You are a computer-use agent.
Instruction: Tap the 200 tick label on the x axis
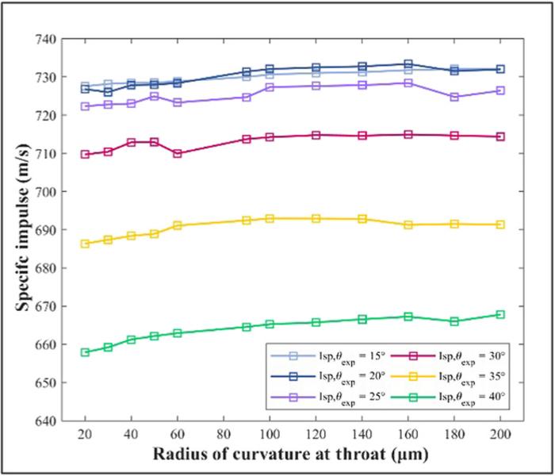pos(500,434)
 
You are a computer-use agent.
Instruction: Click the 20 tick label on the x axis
pos(85,434)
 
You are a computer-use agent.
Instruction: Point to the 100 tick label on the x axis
pos(270,434)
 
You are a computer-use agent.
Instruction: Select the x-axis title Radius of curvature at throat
pos(293,455)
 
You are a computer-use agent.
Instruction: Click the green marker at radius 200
pos(500,314)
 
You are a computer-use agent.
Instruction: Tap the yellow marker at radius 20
pos(85,244)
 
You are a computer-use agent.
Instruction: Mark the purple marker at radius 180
pos(454,97)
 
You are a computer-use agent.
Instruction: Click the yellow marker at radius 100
pos(270,218)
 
